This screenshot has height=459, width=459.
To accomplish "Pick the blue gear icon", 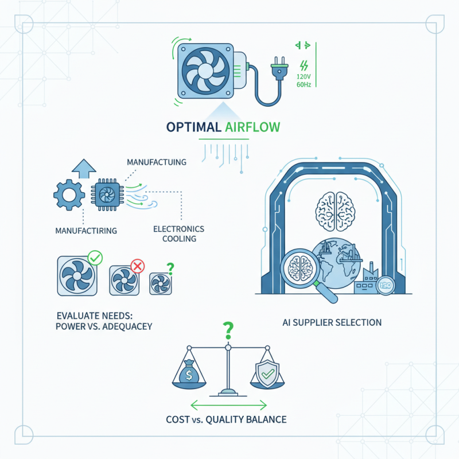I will pos(69,195).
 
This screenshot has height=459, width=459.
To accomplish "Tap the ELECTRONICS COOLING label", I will pos(178,234).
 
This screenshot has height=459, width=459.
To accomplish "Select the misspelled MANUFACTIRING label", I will pos(86,231).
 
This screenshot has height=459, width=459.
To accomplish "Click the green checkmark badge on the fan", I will pos(95,258).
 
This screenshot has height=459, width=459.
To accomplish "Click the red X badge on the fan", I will pos(137,265).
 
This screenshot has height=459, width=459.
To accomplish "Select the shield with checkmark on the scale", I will pos(267,373).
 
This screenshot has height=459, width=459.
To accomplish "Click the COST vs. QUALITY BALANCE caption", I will pos(229,419).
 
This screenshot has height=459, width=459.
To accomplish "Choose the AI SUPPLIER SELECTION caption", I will pos(332,322).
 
